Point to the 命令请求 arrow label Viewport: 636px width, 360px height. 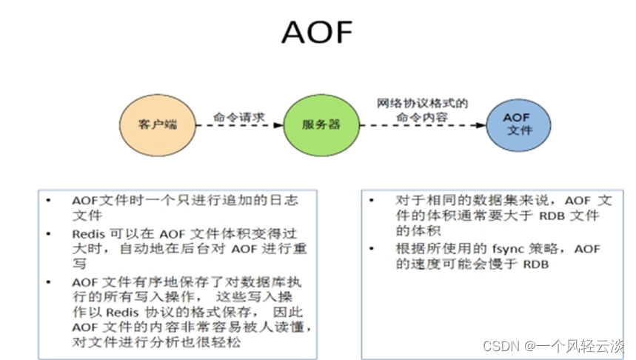click(238, 116)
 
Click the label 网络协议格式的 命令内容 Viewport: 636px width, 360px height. click(423, 110)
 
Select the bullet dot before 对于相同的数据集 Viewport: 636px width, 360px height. click(375, 201)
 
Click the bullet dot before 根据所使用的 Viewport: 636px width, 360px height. click(375, 249)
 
